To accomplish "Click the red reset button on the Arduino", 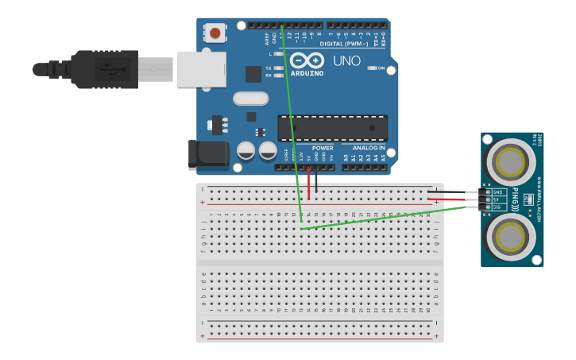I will coord(215,33).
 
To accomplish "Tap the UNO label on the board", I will coord(346,60).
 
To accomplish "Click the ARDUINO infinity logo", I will coord(307,61).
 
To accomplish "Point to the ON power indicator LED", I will coord(372,68).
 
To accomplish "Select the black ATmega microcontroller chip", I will coord(332,128).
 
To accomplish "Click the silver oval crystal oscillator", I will coord(251,99).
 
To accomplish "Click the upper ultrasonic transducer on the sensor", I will coord(509,162).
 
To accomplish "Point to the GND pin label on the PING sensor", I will coord(498,192).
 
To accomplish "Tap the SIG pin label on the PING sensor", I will coord(498,207).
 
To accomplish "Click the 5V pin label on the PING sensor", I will coord(498,199).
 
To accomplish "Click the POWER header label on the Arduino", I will coord(323,148).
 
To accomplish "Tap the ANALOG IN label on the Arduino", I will coord(368,148).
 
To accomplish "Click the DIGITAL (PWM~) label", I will coord(343,44).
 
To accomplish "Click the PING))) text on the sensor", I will coord(515,199).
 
